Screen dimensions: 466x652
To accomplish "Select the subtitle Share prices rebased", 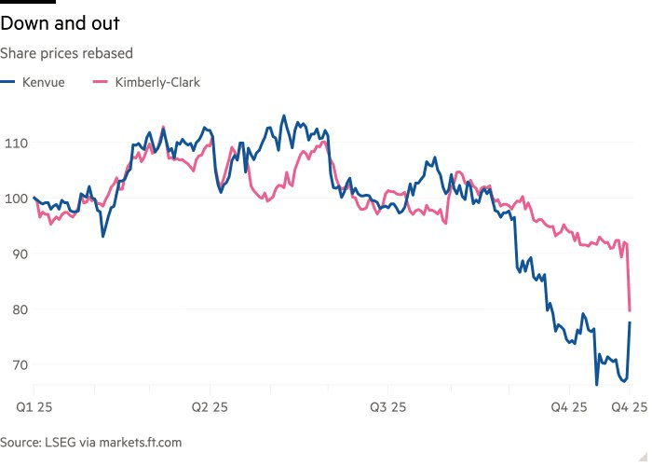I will pyautogui.click(x=66, y=53).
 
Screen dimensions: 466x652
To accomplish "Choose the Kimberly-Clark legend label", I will pyautogui.click(x=157, y=82).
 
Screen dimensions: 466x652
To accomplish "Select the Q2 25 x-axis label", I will pyautogui.click(x=210, y=407).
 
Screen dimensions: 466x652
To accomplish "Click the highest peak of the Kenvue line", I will pyautogui.click(x=285, y=116).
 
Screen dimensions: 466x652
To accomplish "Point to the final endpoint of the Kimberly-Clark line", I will pyautogui.click(x=631, y=311).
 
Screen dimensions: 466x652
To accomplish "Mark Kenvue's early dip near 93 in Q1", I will pyautogui.click(x=102, y=237).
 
